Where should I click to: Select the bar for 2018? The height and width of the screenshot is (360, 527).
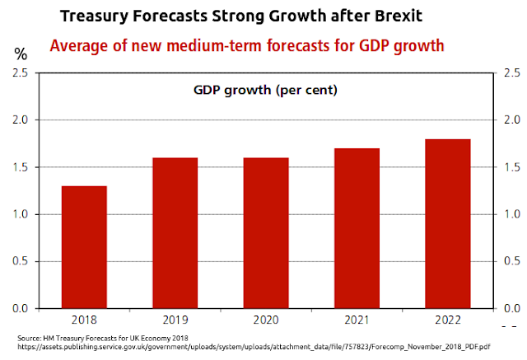coord(83,247)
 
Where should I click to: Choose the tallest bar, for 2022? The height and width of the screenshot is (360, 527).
coord(447,223)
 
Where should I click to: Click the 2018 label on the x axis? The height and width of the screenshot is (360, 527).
coord(83,319)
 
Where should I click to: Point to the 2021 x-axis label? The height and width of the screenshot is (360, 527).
coord(356,319)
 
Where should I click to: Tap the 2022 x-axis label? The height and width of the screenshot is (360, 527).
coord(447,319)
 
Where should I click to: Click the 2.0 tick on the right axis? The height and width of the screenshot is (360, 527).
coord(509,120)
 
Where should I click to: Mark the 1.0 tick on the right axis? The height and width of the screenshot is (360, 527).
coord(509,215)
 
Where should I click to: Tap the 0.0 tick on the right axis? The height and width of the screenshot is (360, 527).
coord(509,309)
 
